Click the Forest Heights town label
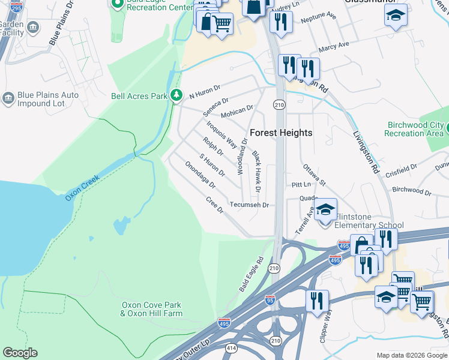281,133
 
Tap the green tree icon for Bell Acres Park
176,95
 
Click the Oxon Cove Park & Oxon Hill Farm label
151,309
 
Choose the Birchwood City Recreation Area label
415,129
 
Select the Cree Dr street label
214,205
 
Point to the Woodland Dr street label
243,157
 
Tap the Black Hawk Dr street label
256,172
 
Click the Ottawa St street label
314,174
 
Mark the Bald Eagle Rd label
252,275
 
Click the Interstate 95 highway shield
270,301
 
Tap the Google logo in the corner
20,353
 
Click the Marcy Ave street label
334,46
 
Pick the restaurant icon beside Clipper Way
317,301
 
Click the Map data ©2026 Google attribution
411,355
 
